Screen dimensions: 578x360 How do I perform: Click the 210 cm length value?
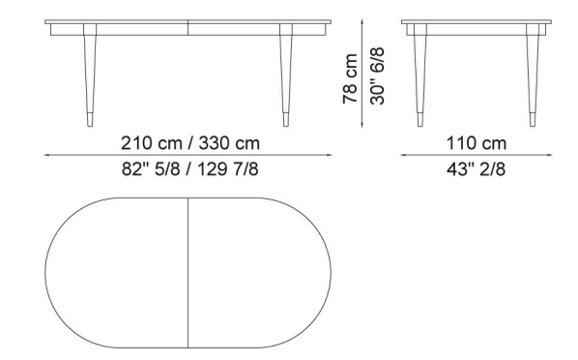coord(152,143)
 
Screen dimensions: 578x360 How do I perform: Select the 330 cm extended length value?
coord(229,143)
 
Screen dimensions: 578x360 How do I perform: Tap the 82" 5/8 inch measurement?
coord(151,169)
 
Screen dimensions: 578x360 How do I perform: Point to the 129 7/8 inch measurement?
coord(228,169)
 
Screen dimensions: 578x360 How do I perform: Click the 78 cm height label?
coord(350,78)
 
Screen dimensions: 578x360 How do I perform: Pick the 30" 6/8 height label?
coord(378,76)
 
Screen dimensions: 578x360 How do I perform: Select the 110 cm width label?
coord(477,143)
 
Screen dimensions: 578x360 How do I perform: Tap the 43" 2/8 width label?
coord(476,169)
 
